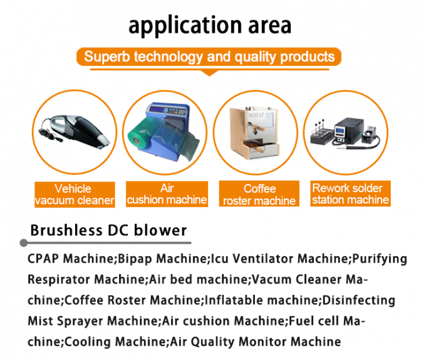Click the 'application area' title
click(210, 25)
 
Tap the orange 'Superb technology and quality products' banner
click(209, 57)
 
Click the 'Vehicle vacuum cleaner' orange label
click(75, 194)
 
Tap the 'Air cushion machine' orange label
click(167, 194)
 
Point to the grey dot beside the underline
click(24, 242)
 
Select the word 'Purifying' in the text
click(378, 259)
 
